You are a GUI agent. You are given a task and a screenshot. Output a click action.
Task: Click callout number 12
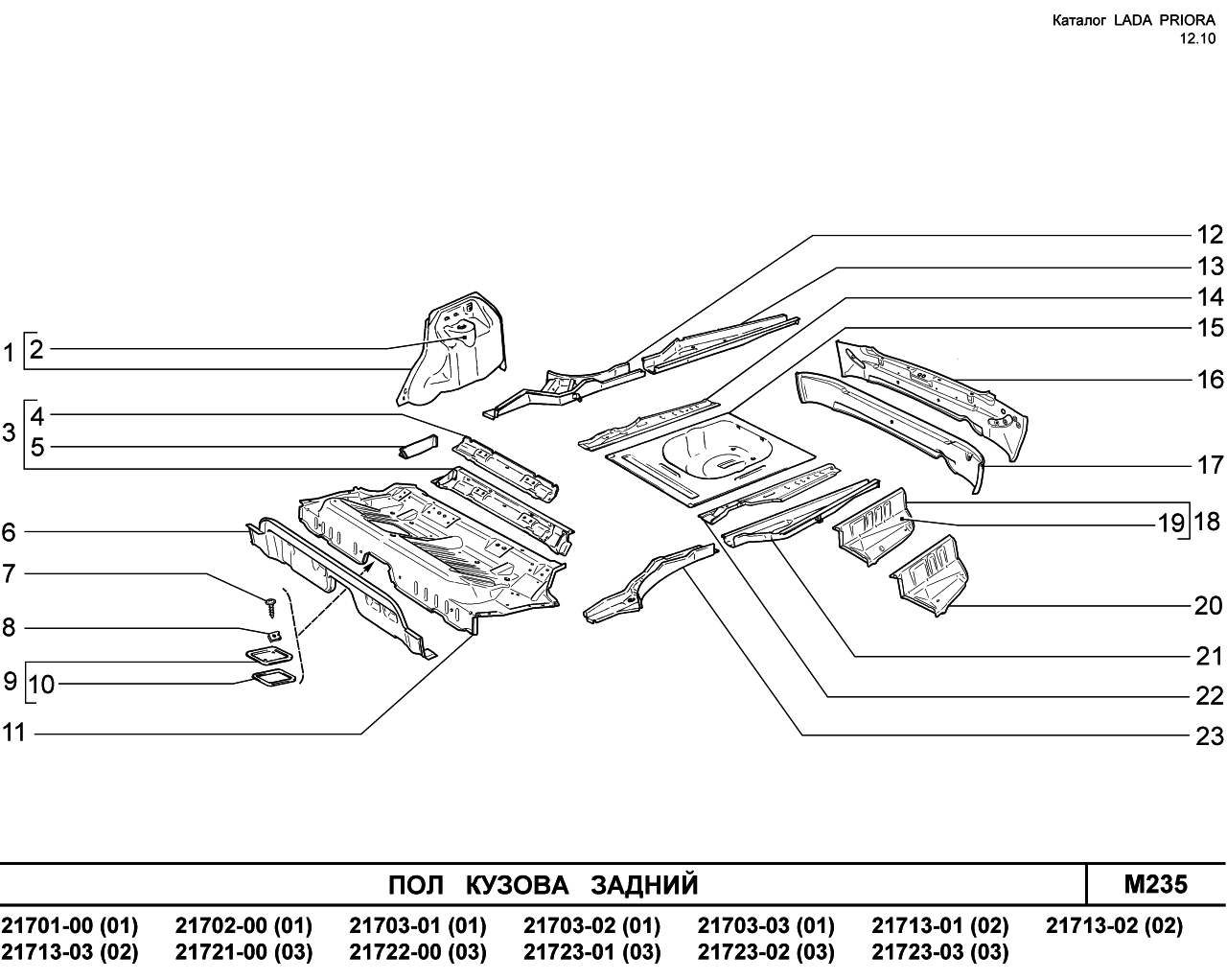pos(1210,235)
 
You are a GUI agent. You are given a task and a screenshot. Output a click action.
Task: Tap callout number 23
pos(1210,736)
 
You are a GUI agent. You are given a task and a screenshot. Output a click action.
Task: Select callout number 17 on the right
pos(1210,466)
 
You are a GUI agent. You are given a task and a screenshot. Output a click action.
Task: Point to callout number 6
pos(9,532)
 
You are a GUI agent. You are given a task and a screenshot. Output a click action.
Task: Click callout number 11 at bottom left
pos(13,733)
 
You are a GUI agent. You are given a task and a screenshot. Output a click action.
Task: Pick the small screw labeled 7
pos(271,607)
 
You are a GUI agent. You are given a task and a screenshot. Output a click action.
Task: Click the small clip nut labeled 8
pos(274,636)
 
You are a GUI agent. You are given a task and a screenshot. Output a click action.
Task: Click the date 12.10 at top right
pos(1197,38)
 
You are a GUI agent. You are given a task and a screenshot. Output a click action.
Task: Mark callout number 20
pos(1210,606)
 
